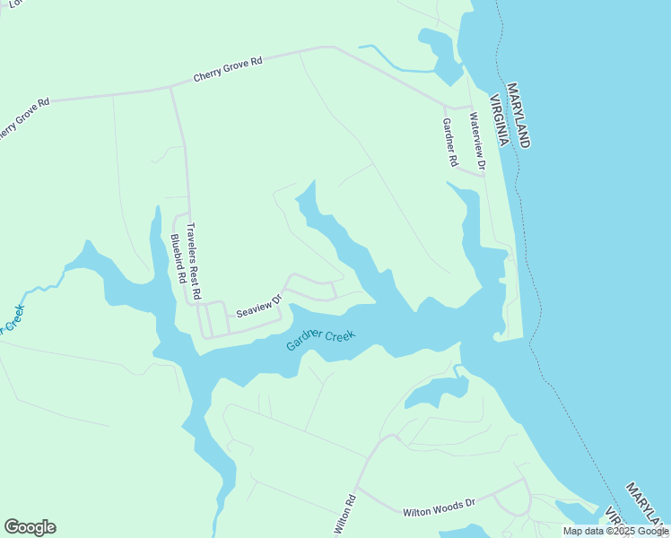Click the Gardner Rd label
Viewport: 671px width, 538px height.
click(x=450, y=143)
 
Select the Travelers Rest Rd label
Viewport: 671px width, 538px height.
click(x=196, y=260)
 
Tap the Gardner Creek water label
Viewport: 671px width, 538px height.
click(x=321, y=340)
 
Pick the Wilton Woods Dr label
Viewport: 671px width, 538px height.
click(x=438, y=508)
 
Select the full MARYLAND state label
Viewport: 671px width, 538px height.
click(x=518, y=116)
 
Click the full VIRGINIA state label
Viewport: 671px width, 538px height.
click(x=500, y=120)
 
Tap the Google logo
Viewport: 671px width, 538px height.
click(x=30, y=527)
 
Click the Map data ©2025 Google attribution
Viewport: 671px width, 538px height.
click(x=615, y=531)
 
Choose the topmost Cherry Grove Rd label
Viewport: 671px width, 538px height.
click(x=228, y=71)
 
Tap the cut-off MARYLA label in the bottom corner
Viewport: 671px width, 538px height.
click(x=648, y=502)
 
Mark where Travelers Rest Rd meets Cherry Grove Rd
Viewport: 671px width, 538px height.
click(x=170, y=88)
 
